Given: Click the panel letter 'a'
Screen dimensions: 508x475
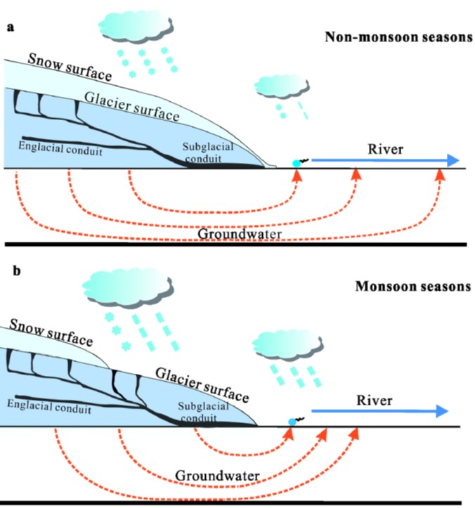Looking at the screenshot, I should tap(11, 27).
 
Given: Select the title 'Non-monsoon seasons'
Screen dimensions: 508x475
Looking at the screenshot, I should tap(398, 37).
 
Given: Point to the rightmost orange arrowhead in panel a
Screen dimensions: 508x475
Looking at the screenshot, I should tap(440, 175).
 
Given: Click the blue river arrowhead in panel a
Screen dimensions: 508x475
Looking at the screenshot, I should tap(450, 161).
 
